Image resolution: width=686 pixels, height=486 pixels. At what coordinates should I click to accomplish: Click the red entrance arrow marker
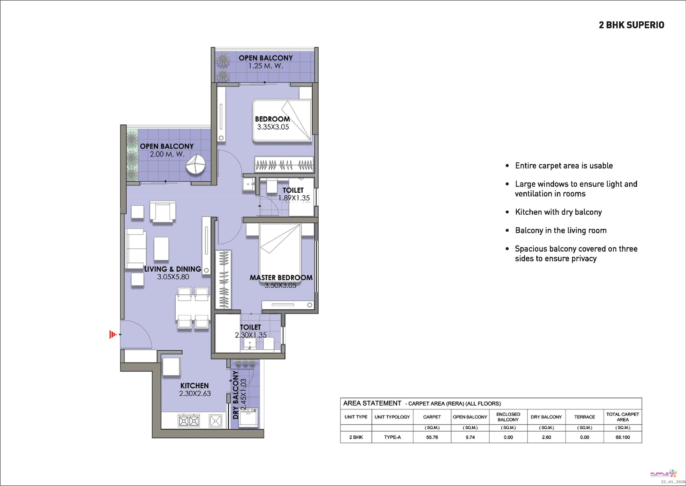112,334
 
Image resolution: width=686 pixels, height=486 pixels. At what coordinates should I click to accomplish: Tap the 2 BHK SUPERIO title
631,25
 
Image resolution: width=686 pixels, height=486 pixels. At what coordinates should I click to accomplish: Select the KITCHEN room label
194,385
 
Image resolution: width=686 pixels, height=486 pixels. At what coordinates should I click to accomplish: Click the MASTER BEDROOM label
281,277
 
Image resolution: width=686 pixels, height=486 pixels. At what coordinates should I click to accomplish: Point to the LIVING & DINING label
173,269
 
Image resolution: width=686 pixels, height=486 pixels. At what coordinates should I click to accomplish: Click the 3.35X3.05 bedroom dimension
273,127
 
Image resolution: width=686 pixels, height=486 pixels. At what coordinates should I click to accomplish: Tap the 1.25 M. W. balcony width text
266,66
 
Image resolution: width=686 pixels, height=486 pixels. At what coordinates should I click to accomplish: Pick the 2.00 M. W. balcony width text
167,154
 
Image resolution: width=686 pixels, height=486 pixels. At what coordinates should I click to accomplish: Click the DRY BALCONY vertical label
235,395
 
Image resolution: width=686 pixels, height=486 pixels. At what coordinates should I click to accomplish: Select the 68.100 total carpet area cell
623,437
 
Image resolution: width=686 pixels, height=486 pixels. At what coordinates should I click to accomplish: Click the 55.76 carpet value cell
432,437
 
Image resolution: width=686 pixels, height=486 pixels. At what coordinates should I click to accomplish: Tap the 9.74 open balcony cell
470,437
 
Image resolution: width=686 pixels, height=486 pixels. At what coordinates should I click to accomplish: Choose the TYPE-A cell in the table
392,437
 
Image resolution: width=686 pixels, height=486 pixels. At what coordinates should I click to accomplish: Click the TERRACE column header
584,417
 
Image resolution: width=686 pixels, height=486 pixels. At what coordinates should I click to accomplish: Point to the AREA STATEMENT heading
372,403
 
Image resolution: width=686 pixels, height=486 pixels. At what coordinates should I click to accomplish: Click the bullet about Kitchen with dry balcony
558,212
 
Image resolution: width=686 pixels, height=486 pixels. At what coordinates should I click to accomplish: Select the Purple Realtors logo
664,474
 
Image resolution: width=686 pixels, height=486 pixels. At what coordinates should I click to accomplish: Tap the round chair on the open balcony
196,164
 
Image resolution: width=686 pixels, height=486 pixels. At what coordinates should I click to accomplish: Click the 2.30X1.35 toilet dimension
250,335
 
